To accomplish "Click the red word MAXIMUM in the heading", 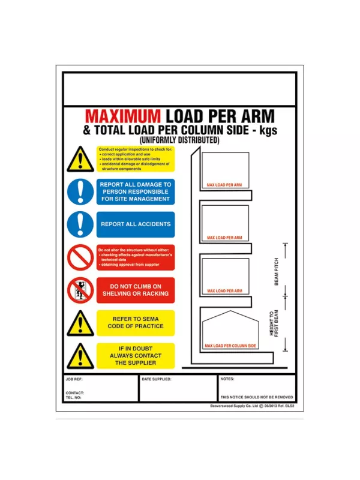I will [x=123, y=116].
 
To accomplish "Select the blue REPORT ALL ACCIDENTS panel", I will [x=136, y=224].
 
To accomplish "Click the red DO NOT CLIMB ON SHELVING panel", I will [x=136, y=290].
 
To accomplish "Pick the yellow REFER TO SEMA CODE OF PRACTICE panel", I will [x=136, y=322].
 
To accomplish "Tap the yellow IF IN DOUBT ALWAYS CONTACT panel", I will [x=136, y=356].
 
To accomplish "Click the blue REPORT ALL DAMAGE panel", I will [x=136, y=191].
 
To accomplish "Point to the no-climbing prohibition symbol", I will [x=80, y=290].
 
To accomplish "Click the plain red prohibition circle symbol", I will [x=80, y=257].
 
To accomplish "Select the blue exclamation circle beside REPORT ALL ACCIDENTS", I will [x=80, y=224].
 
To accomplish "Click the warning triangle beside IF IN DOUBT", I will [x=80, y=356].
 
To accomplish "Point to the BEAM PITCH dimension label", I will [x=277, y=272].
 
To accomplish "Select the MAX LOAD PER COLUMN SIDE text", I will [x=230, y=346].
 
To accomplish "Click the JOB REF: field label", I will [x=74, y=379].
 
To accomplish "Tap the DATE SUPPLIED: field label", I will [x=157, y=379].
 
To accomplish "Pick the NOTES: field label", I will [x=227, y=379].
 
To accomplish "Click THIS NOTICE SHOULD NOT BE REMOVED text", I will [x=257, y=397].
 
